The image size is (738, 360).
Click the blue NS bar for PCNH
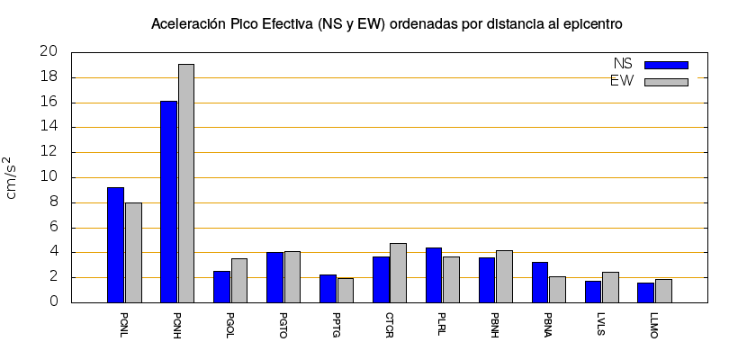point(168,202)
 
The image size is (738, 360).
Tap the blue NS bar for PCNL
point(115,245)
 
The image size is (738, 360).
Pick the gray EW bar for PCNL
point(133,252)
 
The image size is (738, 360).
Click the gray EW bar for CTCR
point(398,273)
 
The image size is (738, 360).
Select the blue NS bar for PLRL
point(434,274)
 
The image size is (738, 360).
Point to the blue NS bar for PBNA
point(540,282)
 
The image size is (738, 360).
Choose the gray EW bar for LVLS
point(610,287)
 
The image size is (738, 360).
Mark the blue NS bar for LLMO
point(645,292)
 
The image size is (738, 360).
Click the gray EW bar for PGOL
point(239,280)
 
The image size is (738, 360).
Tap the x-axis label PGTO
point(283,325)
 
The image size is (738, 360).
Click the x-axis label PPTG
point(337,325)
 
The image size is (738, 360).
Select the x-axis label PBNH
point(496,325)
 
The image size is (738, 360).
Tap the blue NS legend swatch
point(666,65)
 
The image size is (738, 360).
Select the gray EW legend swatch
point(666,82)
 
